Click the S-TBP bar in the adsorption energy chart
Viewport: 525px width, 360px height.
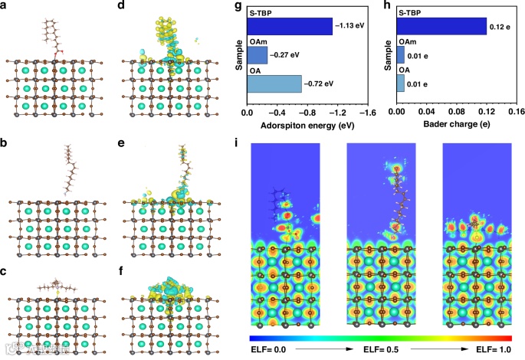tap(289, 27)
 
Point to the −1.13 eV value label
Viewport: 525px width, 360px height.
tap(348, 27)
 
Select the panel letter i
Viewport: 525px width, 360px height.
tap(238, 142)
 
